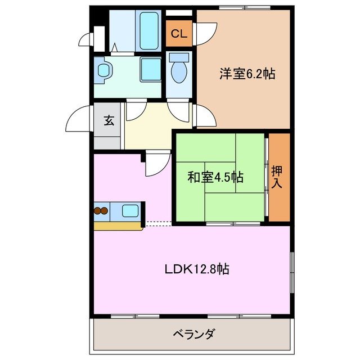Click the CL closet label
(179, 33)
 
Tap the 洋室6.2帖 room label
(247, 74)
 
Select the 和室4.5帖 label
(215, 177)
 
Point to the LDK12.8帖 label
(196, 269)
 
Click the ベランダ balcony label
(193, 335)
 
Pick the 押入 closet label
(277, 177)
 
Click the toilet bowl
(179, 70)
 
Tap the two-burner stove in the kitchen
(100, 211)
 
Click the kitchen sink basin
(130, 211)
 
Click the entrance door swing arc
(79, 118)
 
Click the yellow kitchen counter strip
(118, 226)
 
